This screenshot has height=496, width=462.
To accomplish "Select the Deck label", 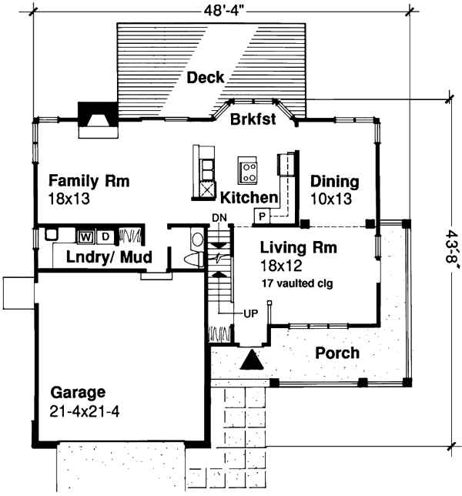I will pyautogui.click(x=206, y=78).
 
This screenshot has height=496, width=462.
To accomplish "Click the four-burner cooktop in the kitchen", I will pyautogui.click(x=248, y=169).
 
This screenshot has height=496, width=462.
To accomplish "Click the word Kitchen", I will pyautogui.click(x=249, y=198).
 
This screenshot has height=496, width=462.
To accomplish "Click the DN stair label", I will pyautogui.click(x=219, y=219).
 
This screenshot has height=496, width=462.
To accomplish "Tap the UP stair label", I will pyautogui.click(x=250, y=314).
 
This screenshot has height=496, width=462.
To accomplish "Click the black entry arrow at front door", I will pyautogui.click(x=251, y=360).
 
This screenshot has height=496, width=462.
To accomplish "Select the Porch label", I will pyautogui.click(x=337, y=354).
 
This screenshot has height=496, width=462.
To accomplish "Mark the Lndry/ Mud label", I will pyautogui.click(x=108, y=257).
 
